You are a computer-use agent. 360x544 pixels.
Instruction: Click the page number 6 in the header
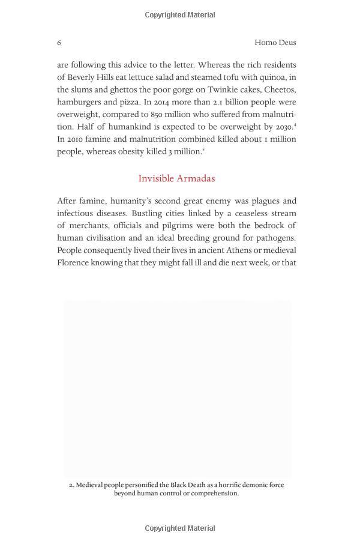[59, 43]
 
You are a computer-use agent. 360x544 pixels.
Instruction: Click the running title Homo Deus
[275, 43]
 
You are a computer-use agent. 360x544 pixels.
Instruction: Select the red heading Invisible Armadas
[176, 178]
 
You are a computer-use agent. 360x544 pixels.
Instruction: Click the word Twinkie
[230, 89]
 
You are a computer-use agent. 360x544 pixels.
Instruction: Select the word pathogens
[275, 238]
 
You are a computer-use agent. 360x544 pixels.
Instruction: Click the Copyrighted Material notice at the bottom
[180, 528]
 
